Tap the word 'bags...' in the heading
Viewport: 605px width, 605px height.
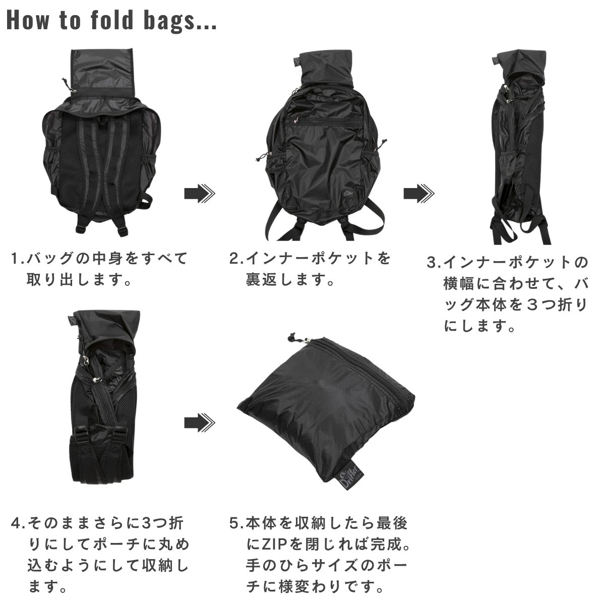point(180,21)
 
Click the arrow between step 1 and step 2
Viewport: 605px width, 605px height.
point(200,194)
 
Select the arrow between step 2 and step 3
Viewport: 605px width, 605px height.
point(419,194)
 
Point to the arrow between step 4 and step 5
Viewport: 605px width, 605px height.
point(200,422)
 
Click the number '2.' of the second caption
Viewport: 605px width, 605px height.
point(236,259)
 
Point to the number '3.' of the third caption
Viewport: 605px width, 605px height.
point(435,263)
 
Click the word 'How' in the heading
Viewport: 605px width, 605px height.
point(28,20)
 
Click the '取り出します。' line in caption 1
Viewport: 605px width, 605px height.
point(79,279)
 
